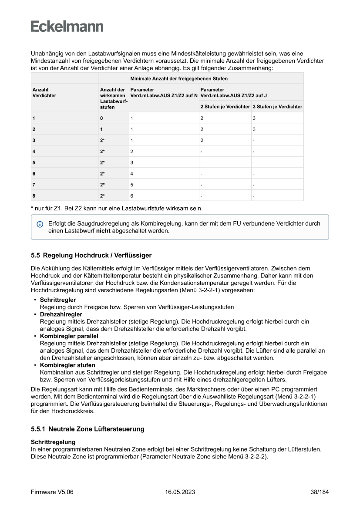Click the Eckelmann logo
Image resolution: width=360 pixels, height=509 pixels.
pyautogui.click(x=67, y=27)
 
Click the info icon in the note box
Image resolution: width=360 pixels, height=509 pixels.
pyautogui.click(x=40, y=224)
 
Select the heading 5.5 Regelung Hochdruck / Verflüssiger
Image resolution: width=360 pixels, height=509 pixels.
pyautogui.click(x=91, y=255)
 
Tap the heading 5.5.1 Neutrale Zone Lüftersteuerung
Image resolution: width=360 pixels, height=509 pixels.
pyautogui.click(x=87, y=429)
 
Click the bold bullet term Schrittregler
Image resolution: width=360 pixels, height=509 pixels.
pyautogui.click(x=58, y=300)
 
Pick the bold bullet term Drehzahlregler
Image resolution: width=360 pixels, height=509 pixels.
pyautogui.click(x=61, y=314)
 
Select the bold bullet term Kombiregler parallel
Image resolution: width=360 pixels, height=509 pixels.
pyautogui.click(x=69, y=336)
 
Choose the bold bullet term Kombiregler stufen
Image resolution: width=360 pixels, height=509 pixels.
pyautogui.click(x=67, y=365)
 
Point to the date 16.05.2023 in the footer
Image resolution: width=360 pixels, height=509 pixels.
pyautogui.click(x=180, y=492)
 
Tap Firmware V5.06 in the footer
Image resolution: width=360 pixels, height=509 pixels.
pyautogui.click(x=52, y=492)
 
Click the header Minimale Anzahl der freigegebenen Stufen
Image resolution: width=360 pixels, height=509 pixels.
pyautogui.click(x=179, y=78)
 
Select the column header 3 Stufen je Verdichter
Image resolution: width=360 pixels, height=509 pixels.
pyautogui.click(x=277, y=107)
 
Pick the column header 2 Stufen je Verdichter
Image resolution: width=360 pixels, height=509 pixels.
pyautogui.click(x=225, y=107)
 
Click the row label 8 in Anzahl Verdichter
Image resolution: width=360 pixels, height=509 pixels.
pyautogui.click(x=34, y=196)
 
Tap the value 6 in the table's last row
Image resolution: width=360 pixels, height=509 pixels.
pyautogui.click(x=132, y=196)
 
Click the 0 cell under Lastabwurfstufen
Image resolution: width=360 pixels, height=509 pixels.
pyautogui.click(x=101, y=118)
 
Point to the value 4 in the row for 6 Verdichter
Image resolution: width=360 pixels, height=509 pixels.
pyautogui.click(x=132, y=173)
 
